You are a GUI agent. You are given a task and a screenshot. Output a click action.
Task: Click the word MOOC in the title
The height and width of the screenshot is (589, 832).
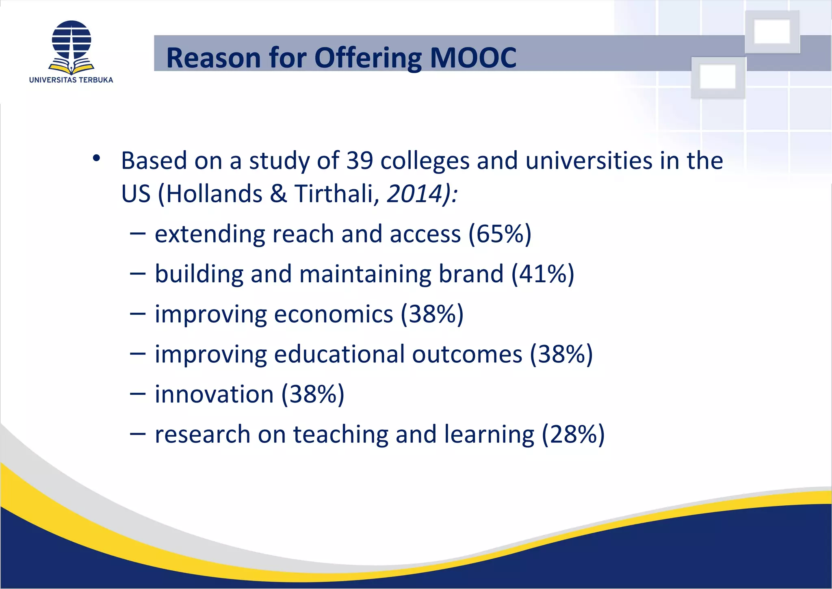click(x=473, y=58)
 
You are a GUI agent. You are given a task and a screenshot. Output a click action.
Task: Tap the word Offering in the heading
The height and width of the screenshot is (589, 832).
click(x=368, y=58)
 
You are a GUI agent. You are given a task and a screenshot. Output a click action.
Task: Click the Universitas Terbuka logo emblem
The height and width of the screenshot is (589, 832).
click(x=71, y=47)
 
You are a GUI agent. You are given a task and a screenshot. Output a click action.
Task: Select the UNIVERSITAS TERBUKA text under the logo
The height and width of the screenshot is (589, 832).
click(x=71, y=80)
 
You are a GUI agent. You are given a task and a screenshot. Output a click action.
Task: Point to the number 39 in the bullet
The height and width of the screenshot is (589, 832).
click(x=360, y=160)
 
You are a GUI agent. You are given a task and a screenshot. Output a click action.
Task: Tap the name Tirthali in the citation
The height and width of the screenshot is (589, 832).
click(x=336, y=193)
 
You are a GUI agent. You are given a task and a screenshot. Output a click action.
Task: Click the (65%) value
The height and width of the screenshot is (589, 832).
click(x=500, y=234)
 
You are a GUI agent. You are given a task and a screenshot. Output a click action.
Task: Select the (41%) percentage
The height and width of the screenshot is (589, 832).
click(x=543, y=274)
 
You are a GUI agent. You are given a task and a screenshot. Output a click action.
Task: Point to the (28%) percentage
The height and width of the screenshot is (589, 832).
click(x=573, y=434)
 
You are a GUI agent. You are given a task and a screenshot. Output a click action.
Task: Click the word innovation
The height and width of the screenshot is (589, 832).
click(x=214, y=394)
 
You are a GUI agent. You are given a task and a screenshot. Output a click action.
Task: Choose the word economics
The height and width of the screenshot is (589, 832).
click(x=334, y=314)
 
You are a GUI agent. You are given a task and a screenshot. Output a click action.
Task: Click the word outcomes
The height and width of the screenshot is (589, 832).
click(x=467, y=354)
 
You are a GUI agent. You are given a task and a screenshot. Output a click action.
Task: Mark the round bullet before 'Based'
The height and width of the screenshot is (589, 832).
click(x=96, y=158)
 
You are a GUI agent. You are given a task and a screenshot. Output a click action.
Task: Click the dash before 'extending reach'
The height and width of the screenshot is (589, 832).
click(x=138, y=234)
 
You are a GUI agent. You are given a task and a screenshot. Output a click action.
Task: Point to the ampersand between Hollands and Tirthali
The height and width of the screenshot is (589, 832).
click(x=278, y=193)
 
